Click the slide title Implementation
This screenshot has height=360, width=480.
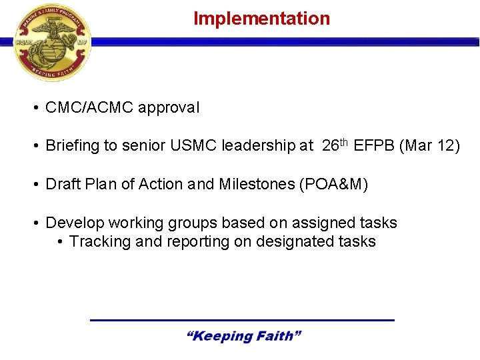261,19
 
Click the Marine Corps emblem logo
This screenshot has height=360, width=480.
52,41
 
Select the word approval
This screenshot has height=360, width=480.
169,107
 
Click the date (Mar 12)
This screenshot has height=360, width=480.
429,146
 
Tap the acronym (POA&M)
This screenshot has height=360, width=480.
333,184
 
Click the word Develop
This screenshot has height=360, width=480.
71,223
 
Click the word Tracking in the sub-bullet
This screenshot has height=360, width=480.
100,241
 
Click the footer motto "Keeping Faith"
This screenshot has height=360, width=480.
243,336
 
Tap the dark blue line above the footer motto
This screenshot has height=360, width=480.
242,321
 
